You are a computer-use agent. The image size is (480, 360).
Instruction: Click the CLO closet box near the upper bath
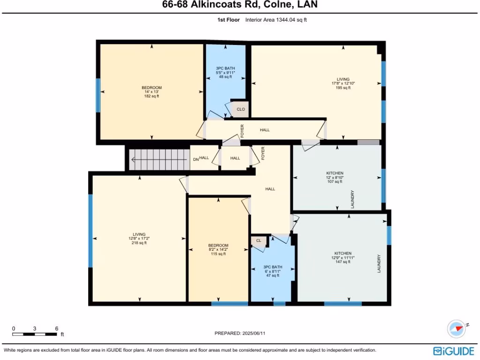pyautogui.click(x=241, y=109)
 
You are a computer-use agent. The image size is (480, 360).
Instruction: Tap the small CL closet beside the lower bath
pyautogui.click(x=258, y=240)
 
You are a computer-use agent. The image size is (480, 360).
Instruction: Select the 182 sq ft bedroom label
pyautogui.click(x=151, y=92)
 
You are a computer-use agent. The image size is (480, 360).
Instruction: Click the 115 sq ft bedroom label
pyautogui.click(x=218, y=250)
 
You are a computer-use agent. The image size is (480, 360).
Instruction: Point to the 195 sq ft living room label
pyautogui.click(x=343, y=83)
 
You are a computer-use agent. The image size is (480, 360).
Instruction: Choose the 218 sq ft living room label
pyautogui.click(x=139, y=239)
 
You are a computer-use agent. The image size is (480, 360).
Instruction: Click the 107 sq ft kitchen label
pyautogui.click(x=335, y=177)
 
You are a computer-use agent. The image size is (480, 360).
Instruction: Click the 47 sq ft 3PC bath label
pyautogui.click(x=272, y=271)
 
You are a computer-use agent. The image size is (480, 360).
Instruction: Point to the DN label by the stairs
pyautogui.click(x=196, y=159)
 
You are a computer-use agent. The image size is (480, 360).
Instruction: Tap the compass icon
pyautogui.click(x=456, y=329)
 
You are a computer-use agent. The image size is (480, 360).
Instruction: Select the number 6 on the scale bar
pyautogui.click(x=56, y=328)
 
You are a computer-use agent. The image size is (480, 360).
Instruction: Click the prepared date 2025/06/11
pyautogui.click(x=257, y=333)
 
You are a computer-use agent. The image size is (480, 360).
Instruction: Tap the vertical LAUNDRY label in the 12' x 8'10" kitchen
pyautogui.click(x=352, y=199)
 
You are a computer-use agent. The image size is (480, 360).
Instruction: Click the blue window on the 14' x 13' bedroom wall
pyautogui.click(x=98, y=95)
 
